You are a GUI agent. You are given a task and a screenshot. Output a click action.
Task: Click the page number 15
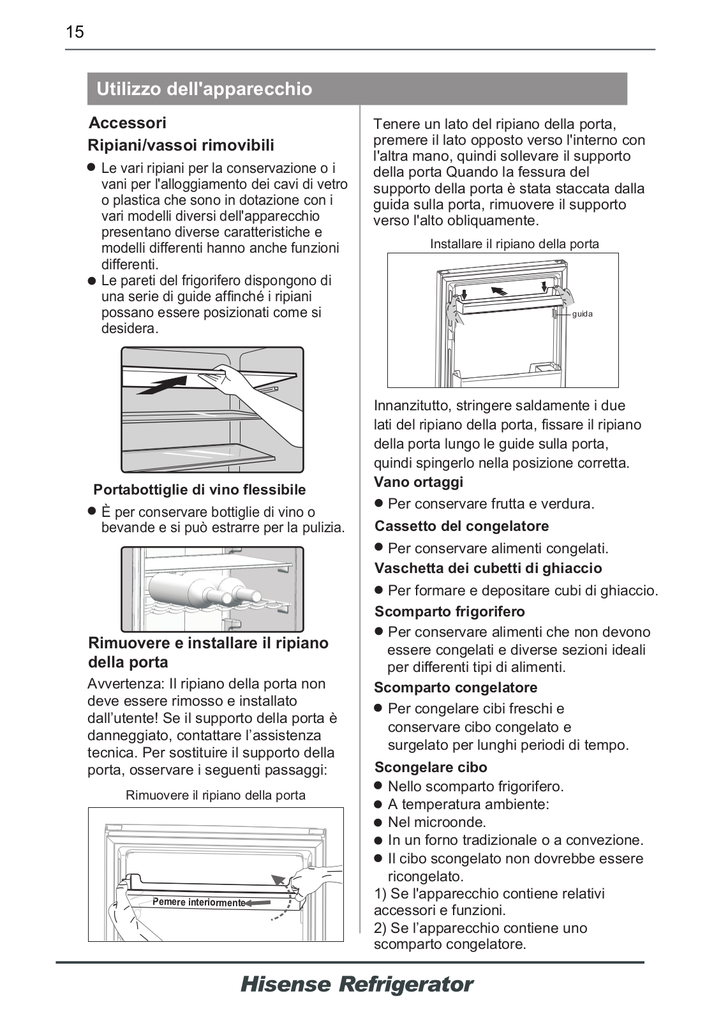[75, 32]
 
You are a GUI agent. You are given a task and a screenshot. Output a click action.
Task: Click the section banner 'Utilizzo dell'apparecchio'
[204, 89]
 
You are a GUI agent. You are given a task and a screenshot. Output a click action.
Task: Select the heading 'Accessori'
[128, 123]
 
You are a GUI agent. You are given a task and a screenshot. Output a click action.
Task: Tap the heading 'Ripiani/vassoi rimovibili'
[181, 145]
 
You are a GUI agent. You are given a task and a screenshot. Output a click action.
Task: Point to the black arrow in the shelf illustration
[163, 385]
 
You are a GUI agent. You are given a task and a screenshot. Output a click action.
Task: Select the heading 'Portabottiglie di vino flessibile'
[200, 490]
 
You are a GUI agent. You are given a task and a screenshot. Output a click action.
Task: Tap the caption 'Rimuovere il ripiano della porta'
[216, 795]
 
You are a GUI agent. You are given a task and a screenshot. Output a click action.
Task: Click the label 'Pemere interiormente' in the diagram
[199, 902]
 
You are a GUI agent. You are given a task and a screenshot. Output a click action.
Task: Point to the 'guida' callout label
[582, 314]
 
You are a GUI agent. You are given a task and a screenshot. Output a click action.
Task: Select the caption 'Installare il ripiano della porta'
[514, 244]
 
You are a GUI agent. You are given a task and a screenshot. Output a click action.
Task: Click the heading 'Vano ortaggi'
[419, 482]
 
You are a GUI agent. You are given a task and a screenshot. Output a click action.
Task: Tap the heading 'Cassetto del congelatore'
[462, 526]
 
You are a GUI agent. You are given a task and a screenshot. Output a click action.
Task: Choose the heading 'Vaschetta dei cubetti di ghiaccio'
[488, 569]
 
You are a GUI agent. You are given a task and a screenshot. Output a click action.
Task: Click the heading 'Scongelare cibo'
[431, 767]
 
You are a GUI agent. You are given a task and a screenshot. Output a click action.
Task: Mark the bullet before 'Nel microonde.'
[378, 823]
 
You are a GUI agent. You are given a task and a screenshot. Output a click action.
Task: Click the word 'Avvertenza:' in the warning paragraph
[126, 684]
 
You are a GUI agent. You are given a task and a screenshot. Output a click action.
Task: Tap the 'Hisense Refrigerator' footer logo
[357, 985]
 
